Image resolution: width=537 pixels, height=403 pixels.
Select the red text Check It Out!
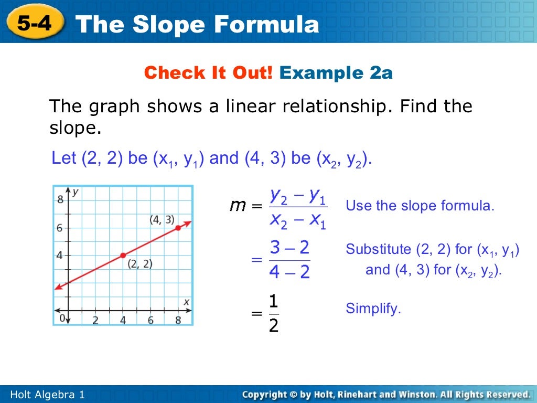click(x=208, y=73)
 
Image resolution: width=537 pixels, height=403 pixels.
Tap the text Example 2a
click(x=336, y=73)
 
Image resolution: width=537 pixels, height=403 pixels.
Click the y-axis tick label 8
click(x=60, y=199)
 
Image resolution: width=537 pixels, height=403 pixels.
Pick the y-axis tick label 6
click(x=60, y=228)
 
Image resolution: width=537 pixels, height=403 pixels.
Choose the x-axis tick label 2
click(x=95, y=320)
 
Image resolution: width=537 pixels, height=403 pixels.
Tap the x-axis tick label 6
click(x=151, y=320)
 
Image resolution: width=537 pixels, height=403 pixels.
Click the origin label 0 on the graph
click(x=62, y=318)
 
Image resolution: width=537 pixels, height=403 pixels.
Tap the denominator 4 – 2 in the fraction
click(x=289, y=272)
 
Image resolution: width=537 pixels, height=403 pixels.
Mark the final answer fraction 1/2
click(x=273, y=314)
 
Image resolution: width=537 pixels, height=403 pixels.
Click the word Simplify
click(x=373, y=309)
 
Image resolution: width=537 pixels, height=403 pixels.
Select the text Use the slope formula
click(x=420, y=206)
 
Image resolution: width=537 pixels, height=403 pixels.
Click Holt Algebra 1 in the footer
click(x=48, y=395)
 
